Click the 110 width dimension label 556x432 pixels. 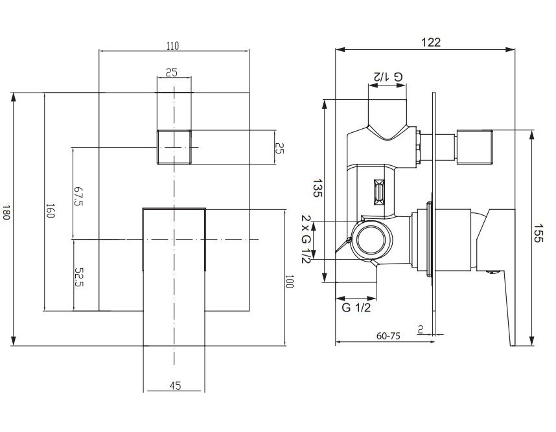click(x=172, y=46)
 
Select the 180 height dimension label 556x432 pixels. click(x=6, y=212)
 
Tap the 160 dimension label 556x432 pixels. click(x=51, y=211)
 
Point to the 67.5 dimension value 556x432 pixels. click(x=78, y=196)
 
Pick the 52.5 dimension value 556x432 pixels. click(x=78, y=277)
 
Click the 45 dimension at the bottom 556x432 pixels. click(x=175, y=385)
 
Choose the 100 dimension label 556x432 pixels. click(x=290, y=281)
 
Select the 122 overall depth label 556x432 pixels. click(x=431, y=42)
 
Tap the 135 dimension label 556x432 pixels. click(x=318, y=188)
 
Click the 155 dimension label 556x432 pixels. click(x=539, y=233)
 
